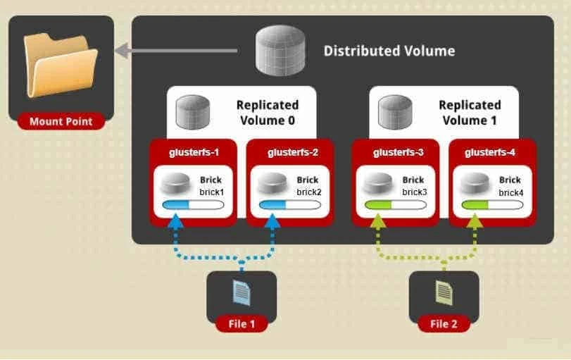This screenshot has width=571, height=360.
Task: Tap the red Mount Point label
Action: click(x=61, y=121)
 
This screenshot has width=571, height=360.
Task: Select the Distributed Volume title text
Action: click(x=389, y=51)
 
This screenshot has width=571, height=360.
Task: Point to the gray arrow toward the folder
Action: click(x=183, y=51)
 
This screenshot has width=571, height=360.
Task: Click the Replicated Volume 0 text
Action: click(x=267, y=113)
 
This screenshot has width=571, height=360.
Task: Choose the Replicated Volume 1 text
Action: click(x=470, y=113)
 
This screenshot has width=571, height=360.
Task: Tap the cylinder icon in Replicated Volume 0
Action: click(x=194, y=112)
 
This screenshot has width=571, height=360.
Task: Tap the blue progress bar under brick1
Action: click(x=193, y=205)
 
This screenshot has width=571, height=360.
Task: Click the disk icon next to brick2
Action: click(x=272, y=185)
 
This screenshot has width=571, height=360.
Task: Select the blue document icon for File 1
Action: click(x=241, y=292)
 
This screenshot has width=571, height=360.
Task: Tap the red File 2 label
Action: click(x=444, y=324)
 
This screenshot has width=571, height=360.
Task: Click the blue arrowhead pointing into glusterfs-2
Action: click(x=272, y=221)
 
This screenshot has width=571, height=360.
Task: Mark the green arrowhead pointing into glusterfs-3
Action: click(x=378, y=221)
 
